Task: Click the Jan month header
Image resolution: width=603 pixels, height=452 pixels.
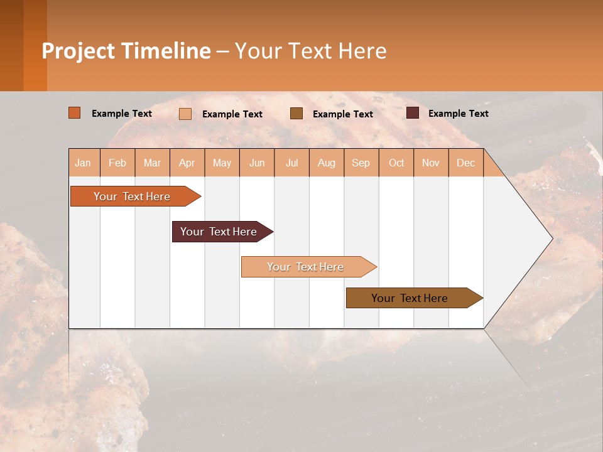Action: tap(84, 163)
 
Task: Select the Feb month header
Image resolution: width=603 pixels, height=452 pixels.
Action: tap(117, 163)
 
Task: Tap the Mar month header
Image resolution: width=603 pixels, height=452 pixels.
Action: tap(152, 163)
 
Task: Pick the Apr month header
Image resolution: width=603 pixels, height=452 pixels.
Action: tap(187, 163)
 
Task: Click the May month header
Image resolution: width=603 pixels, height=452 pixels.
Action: tap(222, 163)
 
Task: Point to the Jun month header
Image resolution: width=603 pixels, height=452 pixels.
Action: tap(257, 163)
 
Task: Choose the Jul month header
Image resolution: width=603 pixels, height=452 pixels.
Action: tap(291, 163)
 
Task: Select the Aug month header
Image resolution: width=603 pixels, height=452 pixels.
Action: tap(327, 163)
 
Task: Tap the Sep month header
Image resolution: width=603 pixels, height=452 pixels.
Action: tap(361, 163)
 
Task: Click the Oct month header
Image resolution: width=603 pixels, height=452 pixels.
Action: tap(396, 163)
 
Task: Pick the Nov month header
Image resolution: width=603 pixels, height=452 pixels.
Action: tap(431, 163)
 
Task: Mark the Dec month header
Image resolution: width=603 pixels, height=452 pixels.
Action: tap(466, 163)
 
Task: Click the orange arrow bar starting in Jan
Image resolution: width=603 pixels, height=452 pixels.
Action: tap(133, 196)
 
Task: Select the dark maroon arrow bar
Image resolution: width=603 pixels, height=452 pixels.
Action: tap(219, 232)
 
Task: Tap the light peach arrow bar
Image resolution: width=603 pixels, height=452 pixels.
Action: tap(306, 267)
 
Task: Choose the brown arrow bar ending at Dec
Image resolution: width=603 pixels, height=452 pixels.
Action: tap(410, 298)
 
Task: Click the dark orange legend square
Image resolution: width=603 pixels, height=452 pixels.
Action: tap(75, 113)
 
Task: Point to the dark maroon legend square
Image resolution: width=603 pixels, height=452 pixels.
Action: tap(413, 113)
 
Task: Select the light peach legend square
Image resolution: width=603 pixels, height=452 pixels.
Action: tap(185, 114)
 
